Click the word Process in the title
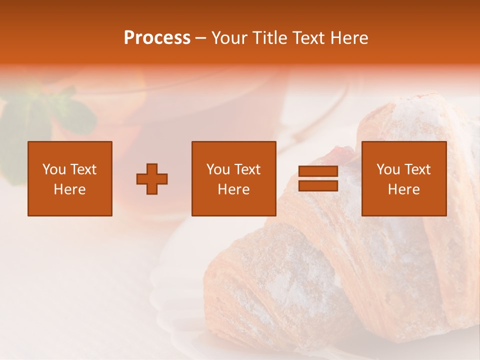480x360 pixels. [157, 38]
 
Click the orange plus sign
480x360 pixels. [152, 179]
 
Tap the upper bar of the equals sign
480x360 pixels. [318, 171]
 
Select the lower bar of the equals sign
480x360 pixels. [318, 186]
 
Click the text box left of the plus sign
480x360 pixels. [69, 179]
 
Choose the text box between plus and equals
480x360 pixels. [233, 179]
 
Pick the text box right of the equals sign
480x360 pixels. [403, 179]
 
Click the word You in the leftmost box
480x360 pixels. [54, 169]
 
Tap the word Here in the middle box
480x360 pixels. [233, 189]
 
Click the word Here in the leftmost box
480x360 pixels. [69, 189]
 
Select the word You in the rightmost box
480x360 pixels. [388, 169]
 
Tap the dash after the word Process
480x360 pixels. [200, 38]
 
